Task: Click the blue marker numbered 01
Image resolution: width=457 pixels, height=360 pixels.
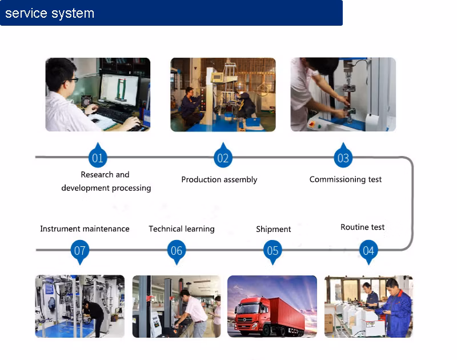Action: click(98, 158)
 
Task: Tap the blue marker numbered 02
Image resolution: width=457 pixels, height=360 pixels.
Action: click(223, 158)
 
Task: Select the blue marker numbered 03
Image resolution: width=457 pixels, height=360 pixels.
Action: click(343, 158)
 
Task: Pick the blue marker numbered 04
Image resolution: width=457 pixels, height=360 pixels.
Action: click(368, 250)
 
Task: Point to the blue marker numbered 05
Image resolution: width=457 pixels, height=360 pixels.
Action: click(272, 250)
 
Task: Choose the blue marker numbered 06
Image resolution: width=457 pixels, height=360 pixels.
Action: click(177, 250)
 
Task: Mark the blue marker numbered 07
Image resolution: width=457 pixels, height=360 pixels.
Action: click(80, 250)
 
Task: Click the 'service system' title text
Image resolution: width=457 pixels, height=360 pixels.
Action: click(50, 13)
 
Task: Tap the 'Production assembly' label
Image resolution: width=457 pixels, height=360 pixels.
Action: click(219, 179)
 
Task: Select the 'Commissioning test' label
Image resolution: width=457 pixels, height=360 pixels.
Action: click(346, 179)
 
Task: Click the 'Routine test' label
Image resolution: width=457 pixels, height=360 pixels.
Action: click(363, 227)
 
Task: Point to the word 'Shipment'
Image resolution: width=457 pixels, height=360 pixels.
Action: click(274, 229)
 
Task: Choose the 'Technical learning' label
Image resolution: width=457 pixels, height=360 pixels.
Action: click(182, 229)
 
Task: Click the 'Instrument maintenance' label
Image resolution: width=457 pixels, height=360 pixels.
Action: click(85, 229)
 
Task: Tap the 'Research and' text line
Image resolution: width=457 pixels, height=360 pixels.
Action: click(105, 174)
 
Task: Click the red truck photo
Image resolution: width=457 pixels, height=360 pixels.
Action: click(272, 306)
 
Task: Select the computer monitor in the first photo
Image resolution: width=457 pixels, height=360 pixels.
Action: click(119, 89)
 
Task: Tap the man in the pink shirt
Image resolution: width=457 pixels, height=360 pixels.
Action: click(194, 311)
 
